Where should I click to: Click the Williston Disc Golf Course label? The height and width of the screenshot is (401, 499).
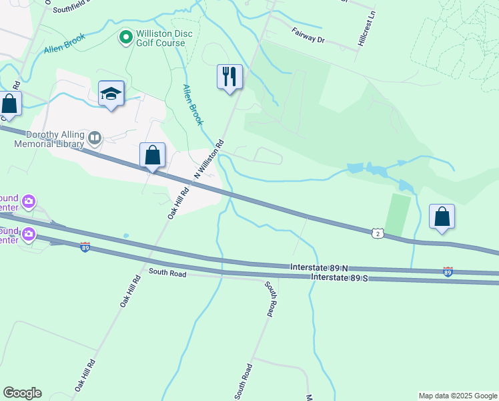[x=161, y=37]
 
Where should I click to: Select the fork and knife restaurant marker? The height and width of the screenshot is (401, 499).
[x=229, y=76]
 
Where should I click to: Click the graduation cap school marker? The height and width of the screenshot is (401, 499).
[x=111, y=94]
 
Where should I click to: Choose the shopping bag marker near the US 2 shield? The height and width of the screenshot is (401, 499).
[x=442, y=217]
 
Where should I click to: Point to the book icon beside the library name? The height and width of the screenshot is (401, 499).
[x=95, y=138]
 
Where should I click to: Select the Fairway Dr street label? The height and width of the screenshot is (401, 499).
[x=308, y=35]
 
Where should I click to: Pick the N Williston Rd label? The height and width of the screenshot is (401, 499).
[x=209, y=159]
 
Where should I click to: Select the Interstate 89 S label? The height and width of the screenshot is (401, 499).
[x=340, y=277]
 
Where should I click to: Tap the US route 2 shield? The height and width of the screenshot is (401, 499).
[x=378, y=233]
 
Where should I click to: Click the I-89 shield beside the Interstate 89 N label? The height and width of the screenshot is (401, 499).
[x=448, y=272]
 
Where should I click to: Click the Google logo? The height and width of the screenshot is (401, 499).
[x=22, y=393]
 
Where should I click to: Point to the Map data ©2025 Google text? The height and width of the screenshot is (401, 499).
[x=457, y=396]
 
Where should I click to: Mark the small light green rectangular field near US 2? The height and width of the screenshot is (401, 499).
[x=398, y=214]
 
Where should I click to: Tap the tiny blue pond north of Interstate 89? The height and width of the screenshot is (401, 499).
[x=125, y=235]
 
